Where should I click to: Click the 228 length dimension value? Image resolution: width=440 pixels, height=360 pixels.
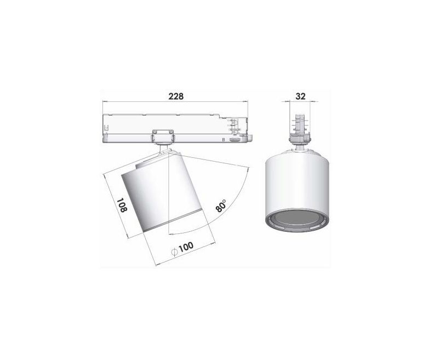pos(176,96)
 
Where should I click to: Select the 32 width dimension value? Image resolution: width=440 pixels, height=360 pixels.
pos(300,96)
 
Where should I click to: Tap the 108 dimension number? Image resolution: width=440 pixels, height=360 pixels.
pos(122,205)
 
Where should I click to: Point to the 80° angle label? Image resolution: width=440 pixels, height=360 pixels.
pos(221,206)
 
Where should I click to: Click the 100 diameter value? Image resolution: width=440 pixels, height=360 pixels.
pos(186,247)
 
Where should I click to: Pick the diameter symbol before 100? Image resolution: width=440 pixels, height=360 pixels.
pos(174,252)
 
